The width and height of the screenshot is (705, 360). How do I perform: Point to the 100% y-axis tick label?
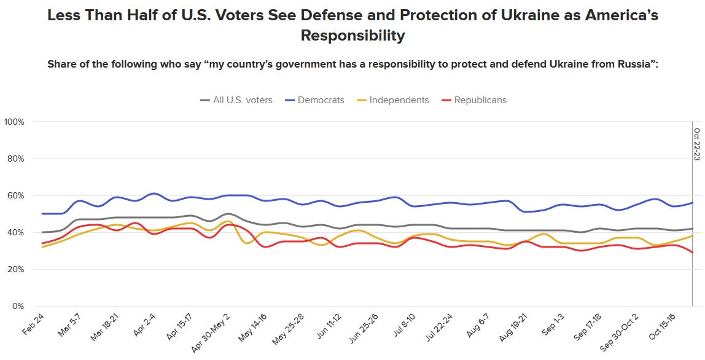tap(14, 122)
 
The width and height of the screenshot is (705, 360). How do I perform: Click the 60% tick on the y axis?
tap(16, 195)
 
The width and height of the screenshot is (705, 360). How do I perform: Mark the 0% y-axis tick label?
tap(18, 306)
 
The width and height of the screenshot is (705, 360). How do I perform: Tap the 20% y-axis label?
tap(16, 269)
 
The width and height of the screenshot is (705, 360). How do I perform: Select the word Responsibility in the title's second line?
tap(352, 36)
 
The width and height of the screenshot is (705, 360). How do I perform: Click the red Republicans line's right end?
tap(693, 252)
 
